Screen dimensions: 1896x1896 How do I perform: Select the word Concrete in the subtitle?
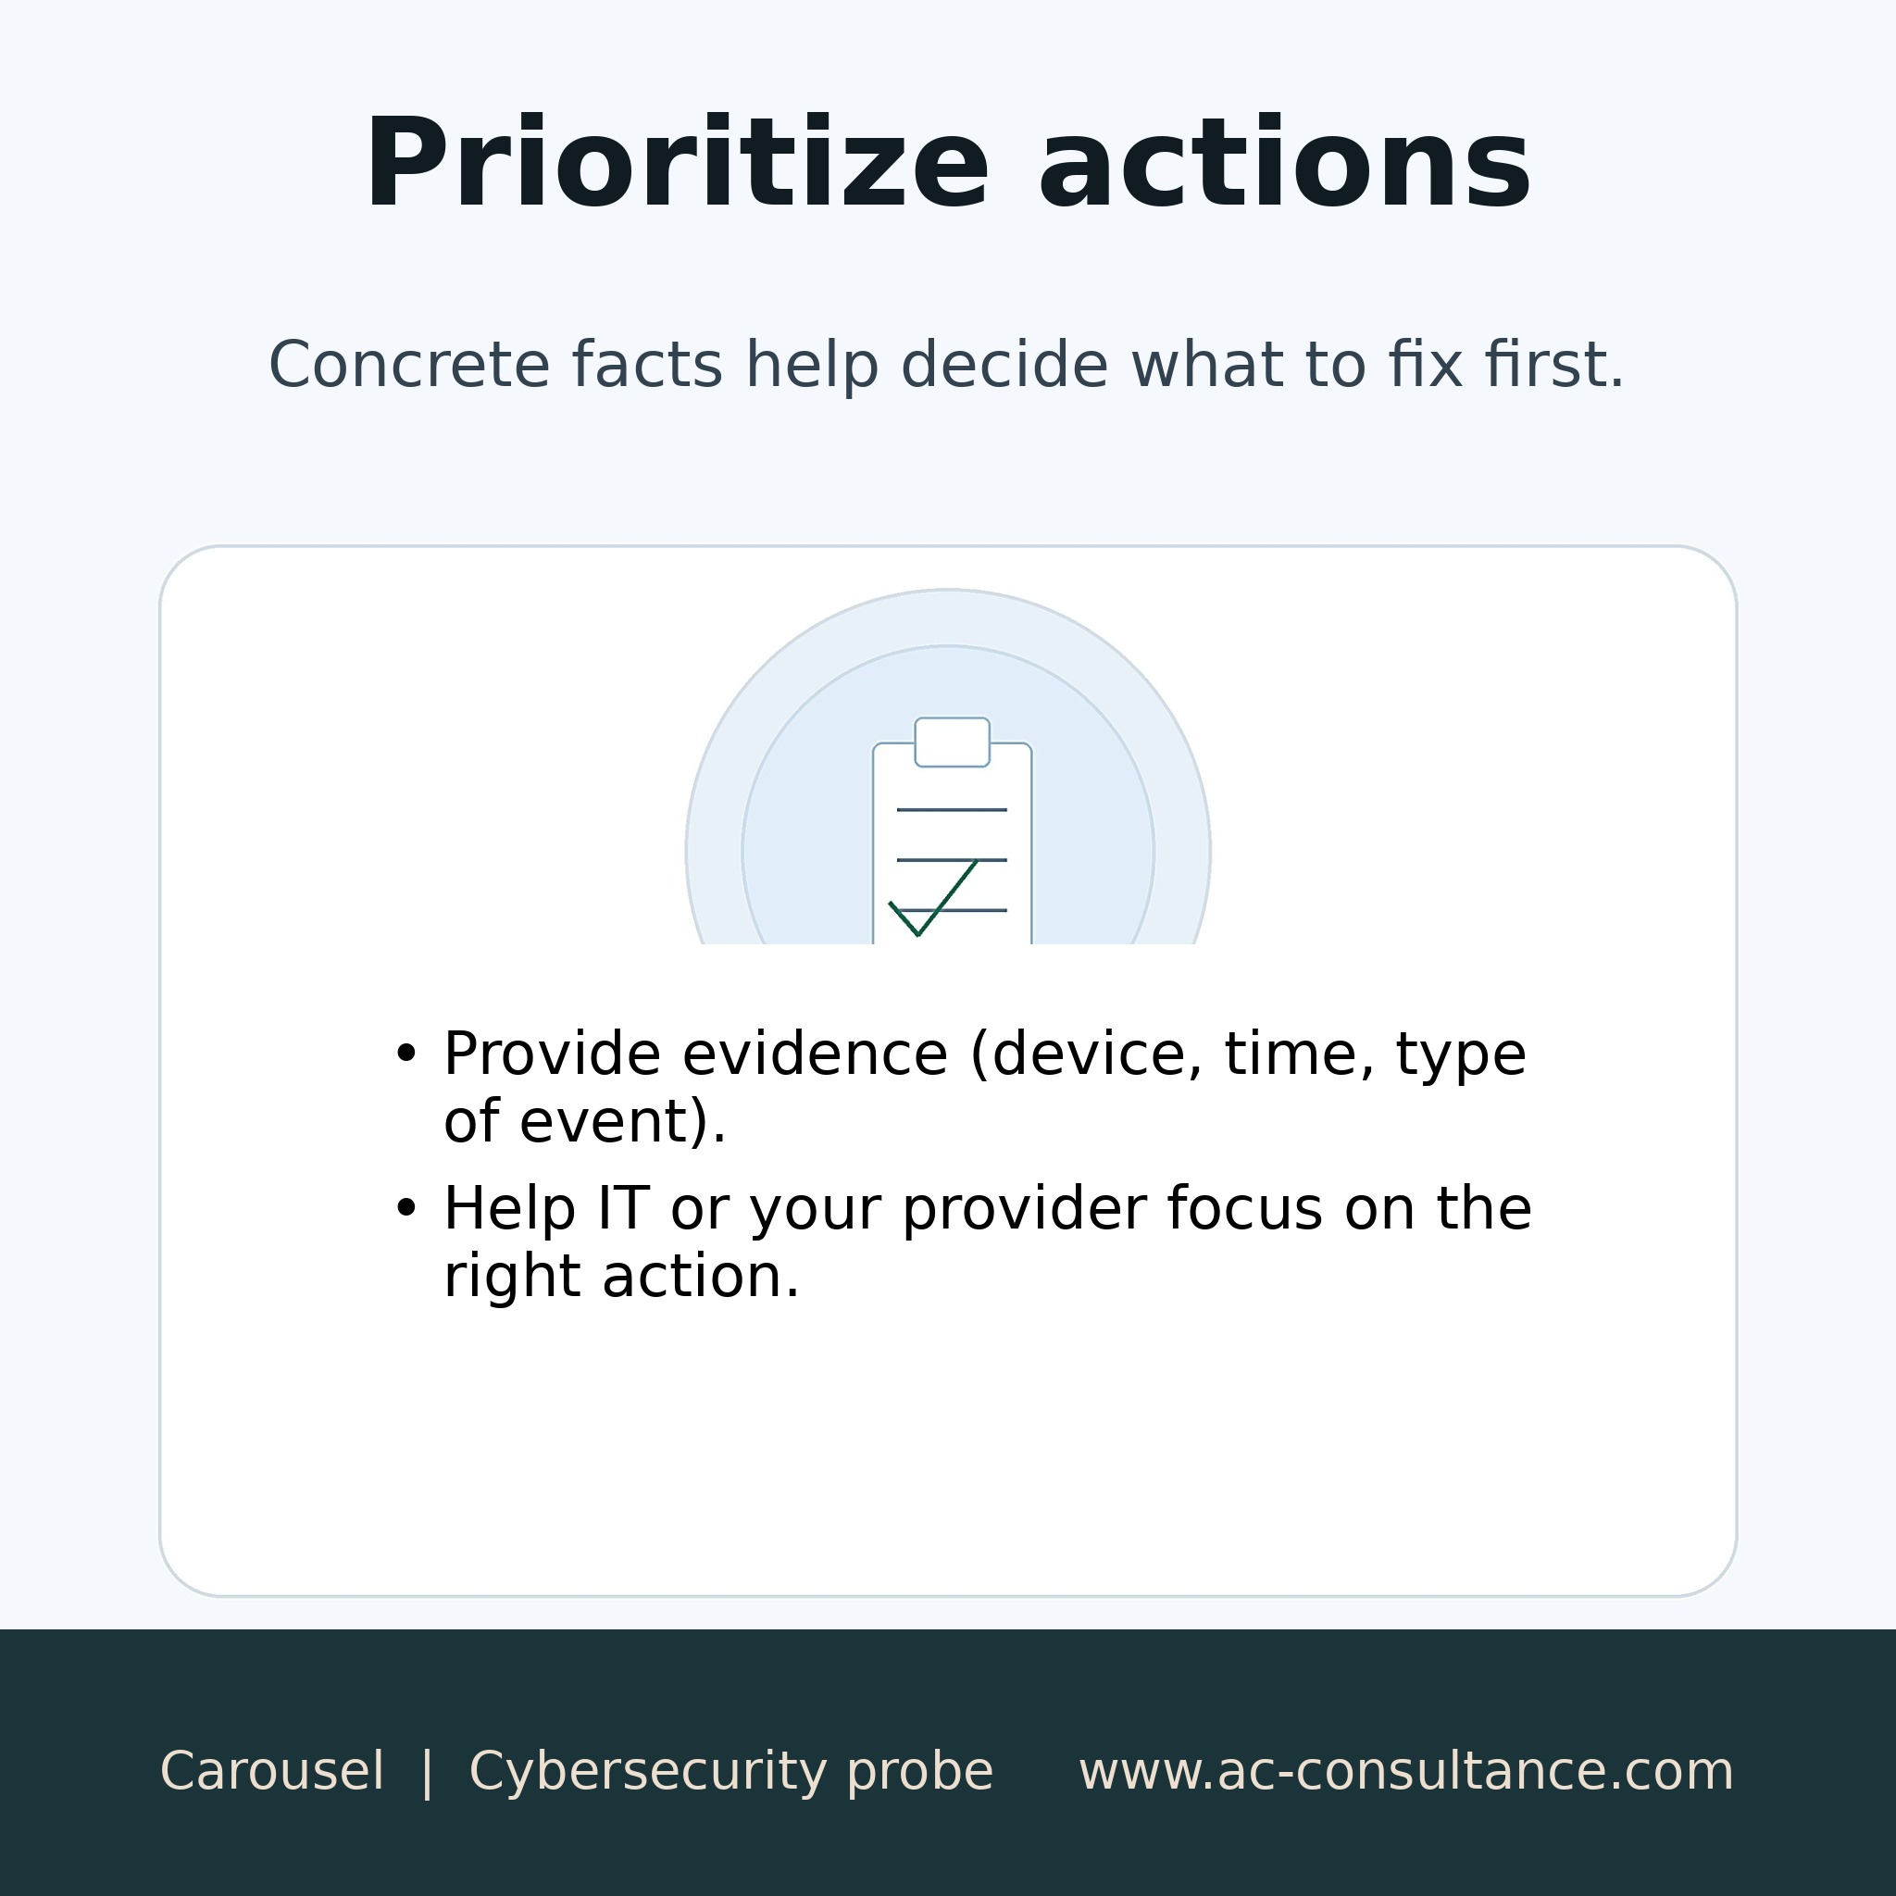(x=407, y=365)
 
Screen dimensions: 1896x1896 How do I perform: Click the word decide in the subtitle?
(x=1004, y=365)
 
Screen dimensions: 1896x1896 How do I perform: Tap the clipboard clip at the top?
(x=952, y=742)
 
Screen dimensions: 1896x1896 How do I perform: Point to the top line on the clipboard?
(x=952, y=810)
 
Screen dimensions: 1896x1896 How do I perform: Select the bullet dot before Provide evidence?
(x=405, y=1054)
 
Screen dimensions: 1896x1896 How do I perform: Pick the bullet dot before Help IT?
(x=405, y=1208)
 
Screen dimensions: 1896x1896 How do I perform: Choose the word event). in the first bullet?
(x=622, y=1122)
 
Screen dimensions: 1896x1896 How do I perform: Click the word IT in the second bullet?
(x=623, y=1208)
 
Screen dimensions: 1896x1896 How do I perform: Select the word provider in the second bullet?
(x=1024, y=1210)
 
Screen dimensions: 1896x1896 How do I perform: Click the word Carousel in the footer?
(x=272, y=1771)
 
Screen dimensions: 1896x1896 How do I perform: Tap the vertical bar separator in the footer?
(x=427, y=1771)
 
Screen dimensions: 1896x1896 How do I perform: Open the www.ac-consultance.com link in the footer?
(x=1406, y=1771)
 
